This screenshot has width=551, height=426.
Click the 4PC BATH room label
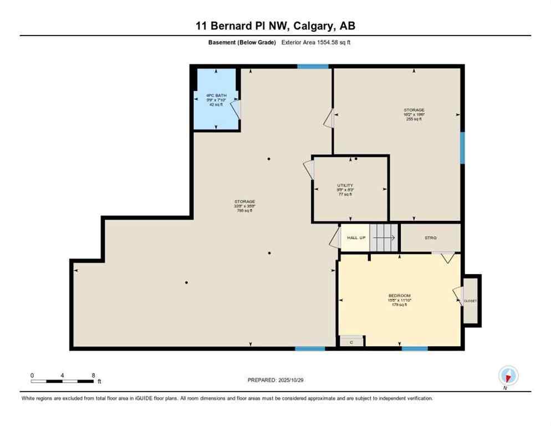tap(216, 95)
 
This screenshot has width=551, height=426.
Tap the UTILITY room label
tap(345, 186)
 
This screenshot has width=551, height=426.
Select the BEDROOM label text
tap(400, 296)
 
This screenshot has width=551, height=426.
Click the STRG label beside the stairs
tap(431, 237)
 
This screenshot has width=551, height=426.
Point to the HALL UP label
tap(356, 237)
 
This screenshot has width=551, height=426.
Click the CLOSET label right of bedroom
tap(470, 301)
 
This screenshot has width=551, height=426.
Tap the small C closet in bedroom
tap(351, 342)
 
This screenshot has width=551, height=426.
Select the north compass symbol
tap(507, 376)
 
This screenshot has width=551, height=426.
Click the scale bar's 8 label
tap(93, 375)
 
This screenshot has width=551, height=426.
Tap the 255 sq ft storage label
tap(414, 119)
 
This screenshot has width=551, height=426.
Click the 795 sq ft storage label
tap(244, 211)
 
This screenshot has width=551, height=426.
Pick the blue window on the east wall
tap(462, 148)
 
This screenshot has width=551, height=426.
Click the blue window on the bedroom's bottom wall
tap(415, 348)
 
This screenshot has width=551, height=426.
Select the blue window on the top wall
tap(313, 67)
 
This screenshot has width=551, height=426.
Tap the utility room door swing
tap(309, 169)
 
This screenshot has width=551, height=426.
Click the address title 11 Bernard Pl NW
tap(275, 26)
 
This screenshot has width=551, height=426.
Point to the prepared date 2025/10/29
tap(275, 380)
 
